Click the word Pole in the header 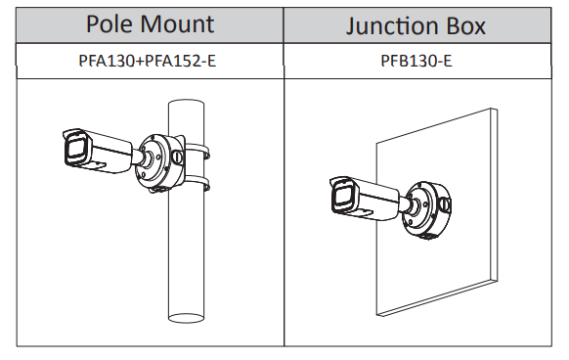click(109, 24)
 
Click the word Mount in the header click(177, 24)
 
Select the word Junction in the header click(392, 26)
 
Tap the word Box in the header click(465, 25)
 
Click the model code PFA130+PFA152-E click(148, 61)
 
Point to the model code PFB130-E click(416, 61)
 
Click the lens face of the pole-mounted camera click(76, 150)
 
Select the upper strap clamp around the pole click(197, 150)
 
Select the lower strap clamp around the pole click(197, 182)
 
